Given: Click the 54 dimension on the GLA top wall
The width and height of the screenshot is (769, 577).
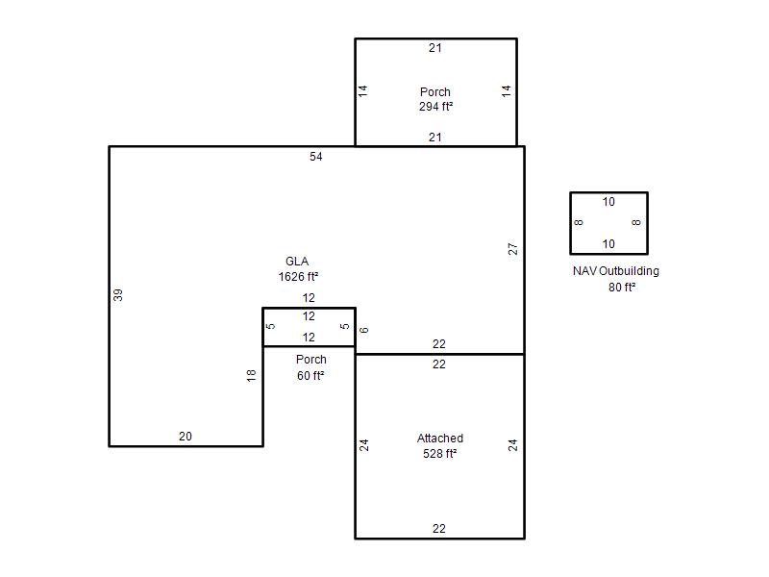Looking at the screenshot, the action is click(316, 157).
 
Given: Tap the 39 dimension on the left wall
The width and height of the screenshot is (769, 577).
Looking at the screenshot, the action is click(117, 295).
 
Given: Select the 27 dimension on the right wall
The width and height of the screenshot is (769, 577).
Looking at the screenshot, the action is click(512, 249).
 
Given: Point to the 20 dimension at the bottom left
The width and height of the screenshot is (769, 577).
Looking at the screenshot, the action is click(186, 437).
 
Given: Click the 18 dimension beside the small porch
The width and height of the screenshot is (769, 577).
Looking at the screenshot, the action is click(251, 375).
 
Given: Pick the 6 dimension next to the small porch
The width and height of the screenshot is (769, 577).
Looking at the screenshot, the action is click(363, 330).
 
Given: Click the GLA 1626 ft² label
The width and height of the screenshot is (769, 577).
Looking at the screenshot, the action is click(298, 269).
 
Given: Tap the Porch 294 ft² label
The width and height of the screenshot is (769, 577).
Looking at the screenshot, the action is click(435, 99).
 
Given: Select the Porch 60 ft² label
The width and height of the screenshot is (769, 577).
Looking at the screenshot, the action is click(310, 367).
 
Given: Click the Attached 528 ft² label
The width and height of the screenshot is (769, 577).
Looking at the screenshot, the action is click(440, 445).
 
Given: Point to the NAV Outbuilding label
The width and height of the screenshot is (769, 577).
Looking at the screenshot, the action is click(616, 271).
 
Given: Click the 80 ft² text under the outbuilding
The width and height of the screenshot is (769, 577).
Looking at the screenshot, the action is click(622, 287).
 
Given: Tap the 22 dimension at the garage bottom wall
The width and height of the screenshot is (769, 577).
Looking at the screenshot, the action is click(439, 528).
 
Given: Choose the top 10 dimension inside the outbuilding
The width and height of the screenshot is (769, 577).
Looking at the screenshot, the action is click(608, 202).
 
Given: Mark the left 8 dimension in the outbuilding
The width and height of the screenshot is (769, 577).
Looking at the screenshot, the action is click(579, 222).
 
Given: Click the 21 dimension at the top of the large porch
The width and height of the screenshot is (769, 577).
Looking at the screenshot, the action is click(435, 47).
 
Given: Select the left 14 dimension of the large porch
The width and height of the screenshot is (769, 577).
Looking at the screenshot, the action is click(362, 90).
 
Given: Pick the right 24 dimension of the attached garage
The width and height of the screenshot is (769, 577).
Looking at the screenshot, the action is click(512, 445).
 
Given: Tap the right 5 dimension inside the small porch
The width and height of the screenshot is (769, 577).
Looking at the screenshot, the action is click(345, 326).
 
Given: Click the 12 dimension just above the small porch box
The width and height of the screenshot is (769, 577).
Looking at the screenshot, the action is click(309, 298).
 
